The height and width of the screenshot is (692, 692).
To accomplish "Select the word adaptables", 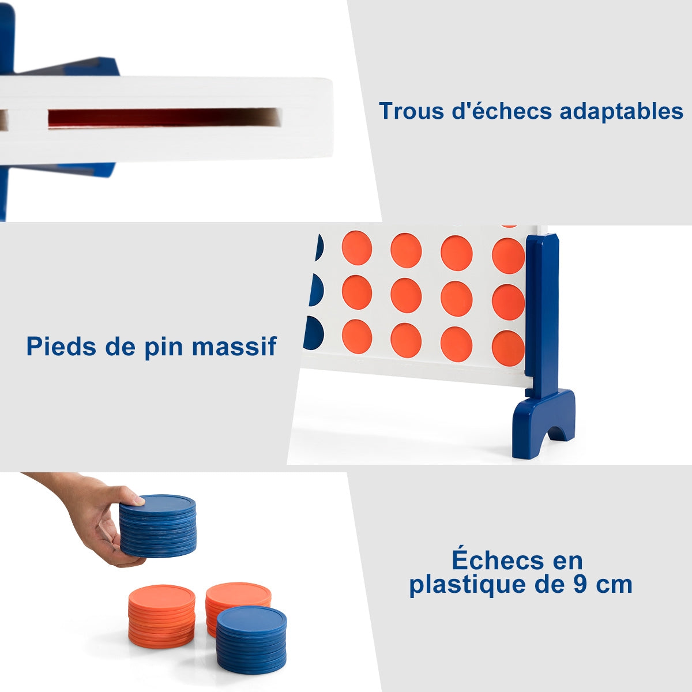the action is pos(621,112).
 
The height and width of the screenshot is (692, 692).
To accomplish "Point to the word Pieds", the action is pos(61,346).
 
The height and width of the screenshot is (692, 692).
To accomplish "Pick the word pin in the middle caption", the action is pos(163,348).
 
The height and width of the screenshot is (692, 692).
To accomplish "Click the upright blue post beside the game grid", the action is pos(541,316).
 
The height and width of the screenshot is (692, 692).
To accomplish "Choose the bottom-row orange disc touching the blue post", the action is pos(508,348).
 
